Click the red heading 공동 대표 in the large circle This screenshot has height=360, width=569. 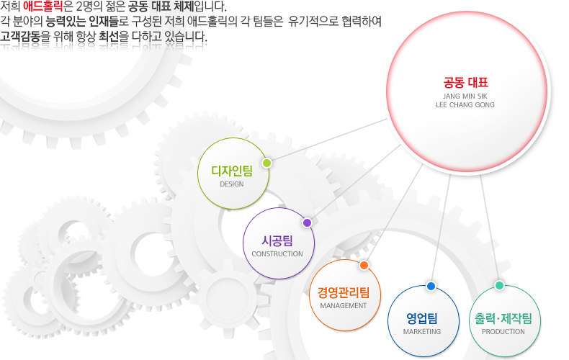click(x=465, y=83)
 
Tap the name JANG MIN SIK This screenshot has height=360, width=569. click(x=465, y=96)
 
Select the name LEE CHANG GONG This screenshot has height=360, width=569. click(x=465, y=105)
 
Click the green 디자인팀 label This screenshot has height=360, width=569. click(x=232, y=171)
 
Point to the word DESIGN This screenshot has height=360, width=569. click(x=232, y=184)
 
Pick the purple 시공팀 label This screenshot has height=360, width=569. click(x=277, y=240)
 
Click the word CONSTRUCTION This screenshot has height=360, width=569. click(x=277, y=254)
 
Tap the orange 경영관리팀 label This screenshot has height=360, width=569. click(x=344, y=292)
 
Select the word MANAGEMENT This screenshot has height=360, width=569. click(x=344, y=306)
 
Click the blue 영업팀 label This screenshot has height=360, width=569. click(x=422, y=319)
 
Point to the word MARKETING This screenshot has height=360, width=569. click(x=422, y=332)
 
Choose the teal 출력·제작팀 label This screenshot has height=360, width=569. click(x=503, y=319)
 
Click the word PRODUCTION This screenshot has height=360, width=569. click(x=503, y=332)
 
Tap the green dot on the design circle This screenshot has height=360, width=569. click(x=266, y=163)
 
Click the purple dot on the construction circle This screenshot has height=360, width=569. click(x=307, y=222)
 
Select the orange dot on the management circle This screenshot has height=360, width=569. click(x=364, y=265)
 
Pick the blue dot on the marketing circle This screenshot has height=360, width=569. click(x=431, y=287)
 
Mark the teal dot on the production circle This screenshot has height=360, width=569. click(x=499, y=286)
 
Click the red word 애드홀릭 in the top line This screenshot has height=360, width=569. click(x=42, y=6)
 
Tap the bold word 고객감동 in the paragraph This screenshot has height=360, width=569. click(x=20, y=36)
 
